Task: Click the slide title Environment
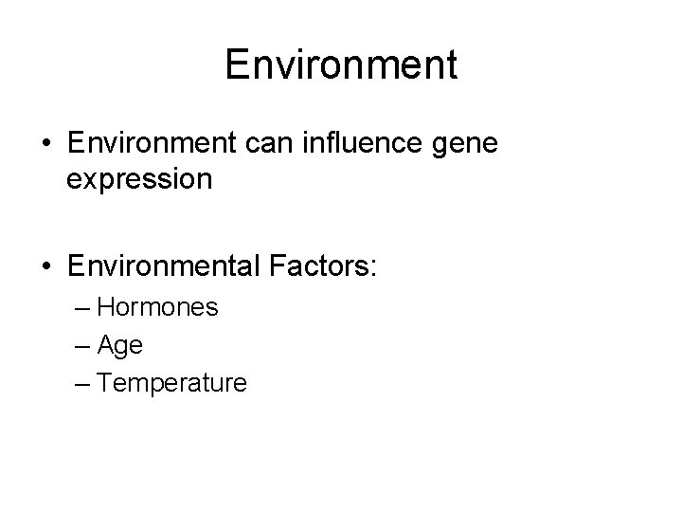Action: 341,64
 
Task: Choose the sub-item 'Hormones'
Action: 157,308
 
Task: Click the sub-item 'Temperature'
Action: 171,384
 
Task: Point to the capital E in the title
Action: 237,64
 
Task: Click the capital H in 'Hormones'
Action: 105,308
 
